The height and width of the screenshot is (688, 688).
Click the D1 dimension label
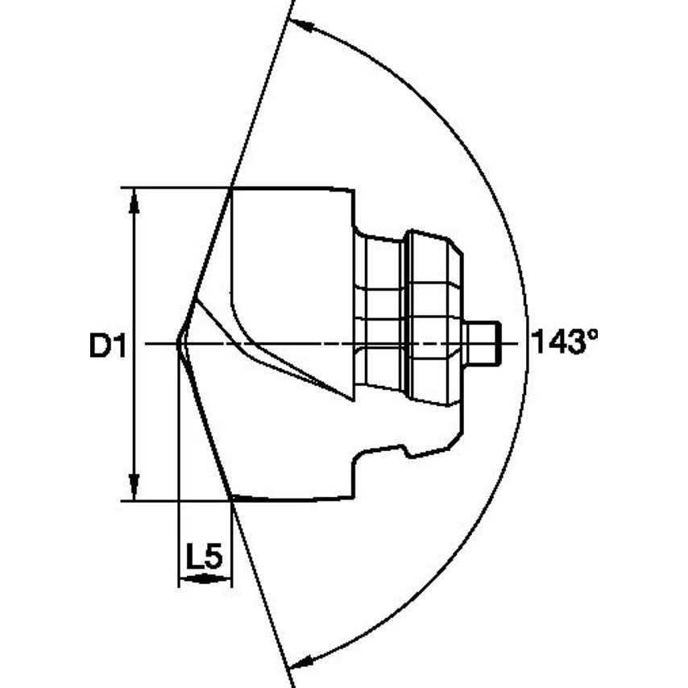(x=106, y=346)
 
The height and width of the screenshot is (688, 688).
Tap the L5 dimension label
(x=204, y=556)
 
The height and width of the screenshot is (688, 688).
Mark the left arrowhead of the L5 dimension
(x=184, y=578)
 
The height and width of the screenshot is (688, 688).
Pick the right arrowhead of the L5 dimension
(x=224, y=578)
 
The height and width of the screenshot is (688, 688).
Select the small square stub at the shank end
(x=483, y=342)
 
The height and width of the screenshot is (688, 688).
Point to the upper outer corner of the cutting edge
(x=232, y=189)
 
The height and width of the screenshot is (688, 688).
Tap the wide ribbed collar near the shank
(x=433, y=318)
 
